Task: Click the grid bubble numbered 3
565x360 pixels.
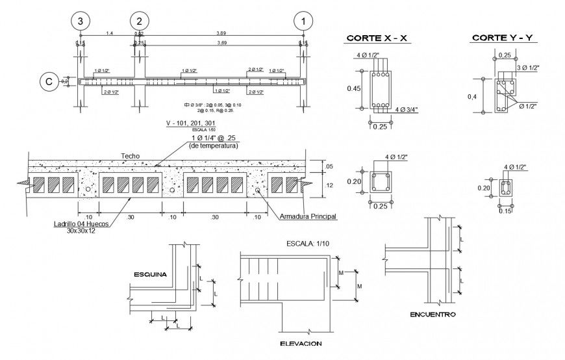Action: point(80,20)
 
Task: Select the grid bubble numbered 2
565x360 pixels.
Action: point(139,20)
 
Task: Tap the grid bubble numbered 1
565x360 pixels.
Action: point(303,20)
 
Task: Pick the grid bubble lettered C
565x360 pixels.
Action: point(49,81)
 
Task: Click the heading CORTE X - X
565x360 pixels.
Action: point(377,38)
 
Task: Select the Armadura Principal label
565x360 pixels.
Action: point(308,216)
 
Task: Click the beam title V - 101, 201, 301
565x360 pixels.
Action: point(191,123)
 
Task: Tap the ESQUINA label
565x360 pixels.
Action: point(150,274)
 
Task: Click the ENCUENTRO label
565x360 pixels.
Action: point(433,315)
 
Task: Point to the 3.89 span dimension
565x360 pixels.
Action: point(221,32)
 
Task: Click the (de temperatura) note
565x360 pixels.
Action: point(213,146)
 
